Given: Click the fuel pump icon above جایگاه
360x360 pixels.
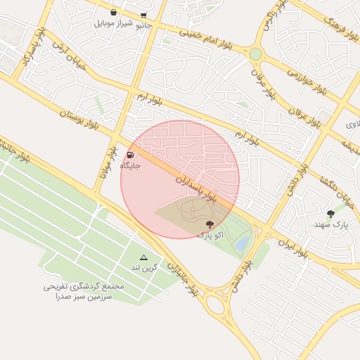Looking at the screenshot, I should click(131, 155).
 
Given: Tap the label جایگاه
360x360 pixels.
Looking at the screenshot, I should click(131, 165).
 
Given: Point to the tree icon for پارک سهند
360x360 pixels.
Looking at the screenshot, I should click(330, 214).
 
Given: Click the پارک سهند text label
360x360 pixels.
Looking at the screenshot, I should click(330, 225).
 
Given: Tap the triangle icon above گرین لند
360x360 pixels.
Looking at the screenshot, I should click(144, 258).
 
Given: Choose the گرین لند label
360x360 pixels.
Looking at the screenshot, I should click(145, 268).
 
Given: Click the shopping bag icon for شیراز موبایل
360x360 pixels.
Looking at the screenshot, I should click(113, 12).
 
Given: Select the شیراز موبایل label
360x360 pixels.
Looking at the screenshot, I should click(113, 22).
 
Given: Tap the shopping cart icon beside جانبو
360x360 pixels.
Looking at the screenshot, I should click(144, 15).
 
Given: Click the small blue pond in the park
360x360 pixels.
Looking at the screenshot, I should click(243, 243).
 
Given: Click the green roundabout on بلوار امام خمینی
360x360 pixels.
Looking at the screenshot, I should click(255, 54).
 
